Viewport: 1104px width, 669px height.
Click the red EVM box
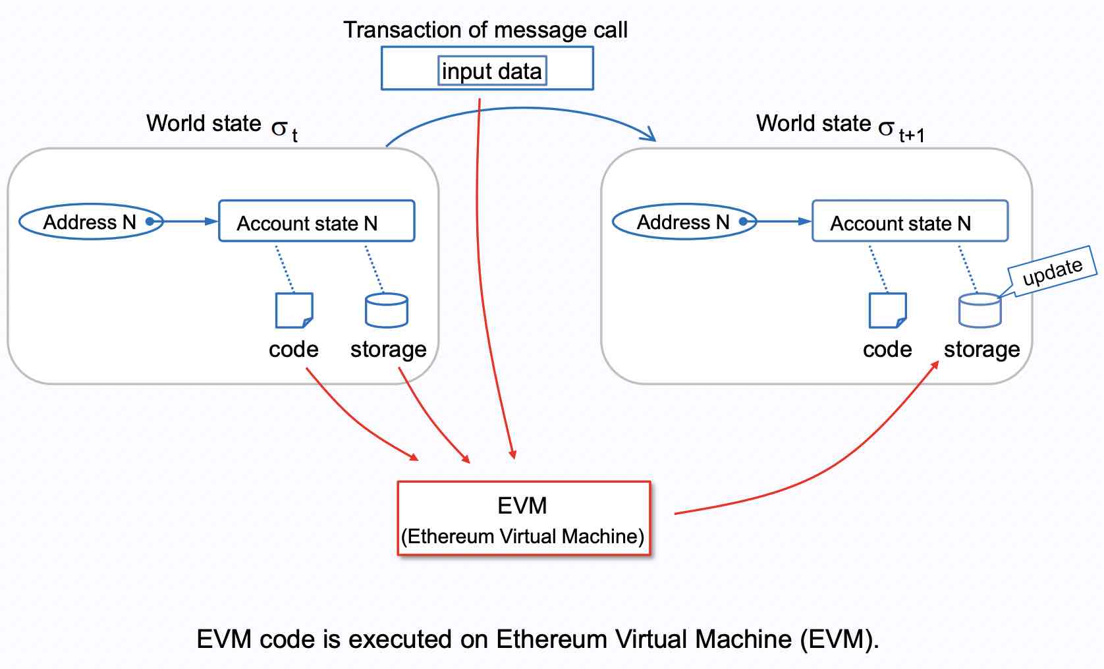524,518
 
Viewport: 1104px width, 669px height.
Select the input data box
492,71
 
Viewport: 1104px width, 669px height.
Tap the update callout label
1052,271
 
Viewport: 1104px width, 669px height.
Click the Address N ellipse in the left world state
90,222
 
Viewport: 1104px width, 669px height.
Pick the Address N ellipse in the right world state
684,222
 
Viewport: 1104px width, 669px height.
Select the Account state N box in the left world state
316,222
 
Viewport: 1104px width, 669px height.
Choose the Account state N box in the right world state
910,222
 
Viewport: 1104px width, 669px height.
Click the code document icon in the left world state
294,310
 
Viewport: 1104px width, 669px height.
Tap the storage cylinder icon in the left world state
387,310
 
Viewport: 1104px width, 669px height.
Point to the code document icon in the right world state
887,310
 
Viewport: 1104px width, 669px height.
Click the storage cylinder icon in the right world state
980,310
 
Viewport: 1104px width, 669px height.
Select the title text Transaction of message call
485,30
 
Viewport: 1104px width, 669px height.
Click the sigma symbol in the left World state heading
279,127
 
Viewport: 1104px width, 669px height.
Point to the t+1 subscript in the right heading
912,136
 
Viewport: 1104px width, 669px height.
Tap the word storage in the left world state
388,349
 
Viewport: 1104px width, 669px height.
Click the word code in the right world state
887,349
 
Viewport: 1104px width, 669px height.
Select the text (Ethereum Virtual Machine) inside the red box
522,537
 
